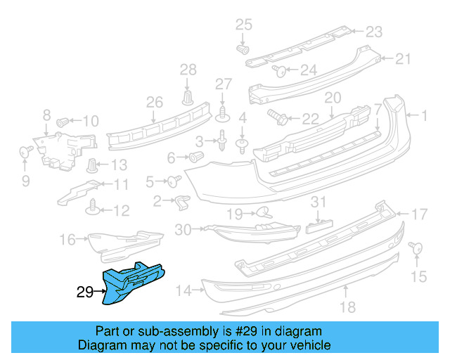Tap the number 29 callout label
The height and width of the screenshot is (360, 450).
coord(84,292)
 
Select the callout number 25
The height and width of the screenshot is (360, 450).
coord(243,25)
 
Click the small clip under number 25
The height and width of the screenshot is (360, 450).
coord(243,50)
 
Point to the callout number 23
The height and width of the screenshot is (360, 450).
coord(373,31)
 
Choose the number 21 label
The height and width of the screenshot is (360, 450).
coord(402,58)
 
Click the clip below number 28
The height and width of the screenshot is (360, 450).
coord(188,96)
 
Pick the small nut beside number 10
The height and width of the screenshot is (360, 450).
coord(62,121)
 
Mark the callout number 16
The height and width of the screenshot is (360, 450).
coord(67,240)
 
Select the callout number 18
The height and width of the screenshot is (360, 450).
coord(348,307)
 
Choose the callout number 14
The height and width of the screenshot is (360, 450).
coord(184,290)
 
